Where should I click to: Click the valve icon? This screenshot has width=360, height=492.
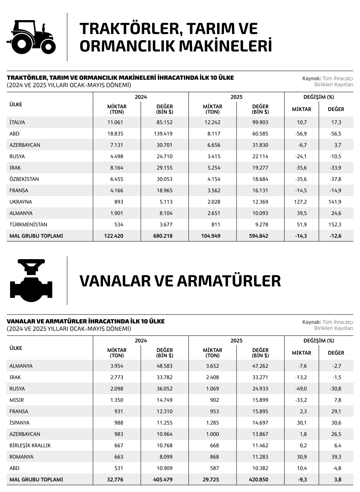pyautogui.click(x=31, y=281)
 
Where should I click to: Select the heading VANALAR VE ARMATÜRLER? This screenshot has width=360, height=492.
pyautogui.click(x=180, y=281)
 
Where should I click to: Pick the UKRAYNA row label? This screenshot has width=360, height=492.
pyautogui.click(x=21, y=202)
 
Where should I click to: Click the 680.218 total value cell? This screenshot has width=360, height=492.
pyautogui.click(x=163, y=236)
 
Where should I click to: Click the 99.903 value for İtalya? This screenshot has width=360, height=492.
pyautogui.click(x=260, y=122)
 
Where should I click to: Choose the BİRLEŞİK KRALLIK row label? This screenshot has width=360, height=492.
pyautogui.click(x=30, y=445)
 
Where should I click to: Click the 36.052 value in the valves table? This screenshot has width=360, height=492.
pyautogui.click(x=164, y=389)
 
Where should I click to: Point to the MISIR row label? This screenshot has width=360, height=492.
pyautogui.click(x=17, y=400)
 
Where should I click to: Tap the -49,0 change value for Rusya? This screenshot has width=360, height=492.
pyautogui.click(x=300, y=389)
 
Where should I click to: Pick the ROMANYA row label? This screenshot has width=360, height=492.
pyautogui.click(x=22, y=457)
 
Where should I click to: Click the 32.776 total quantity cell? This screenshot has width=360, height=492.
pyautogui.click(x=115, y=479)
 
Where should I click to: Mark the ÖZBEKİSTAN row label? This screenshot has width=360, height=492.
pyautogui.click(x=24, y=179)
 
